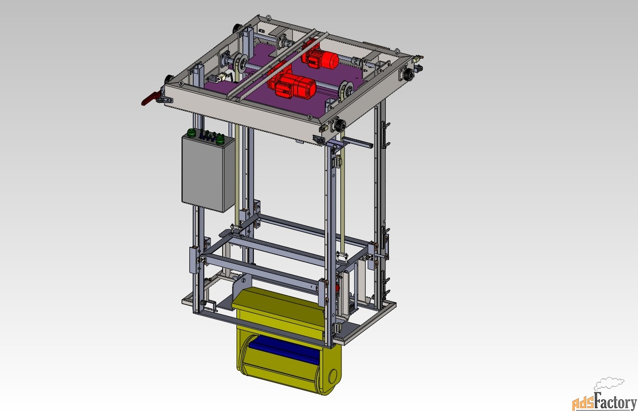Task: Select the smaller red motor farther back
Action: (x=320, y=59)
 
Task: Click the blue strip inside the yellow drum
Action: (x=285, y=352)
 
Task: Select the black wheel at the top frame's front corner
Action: (x=340, y=125)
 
